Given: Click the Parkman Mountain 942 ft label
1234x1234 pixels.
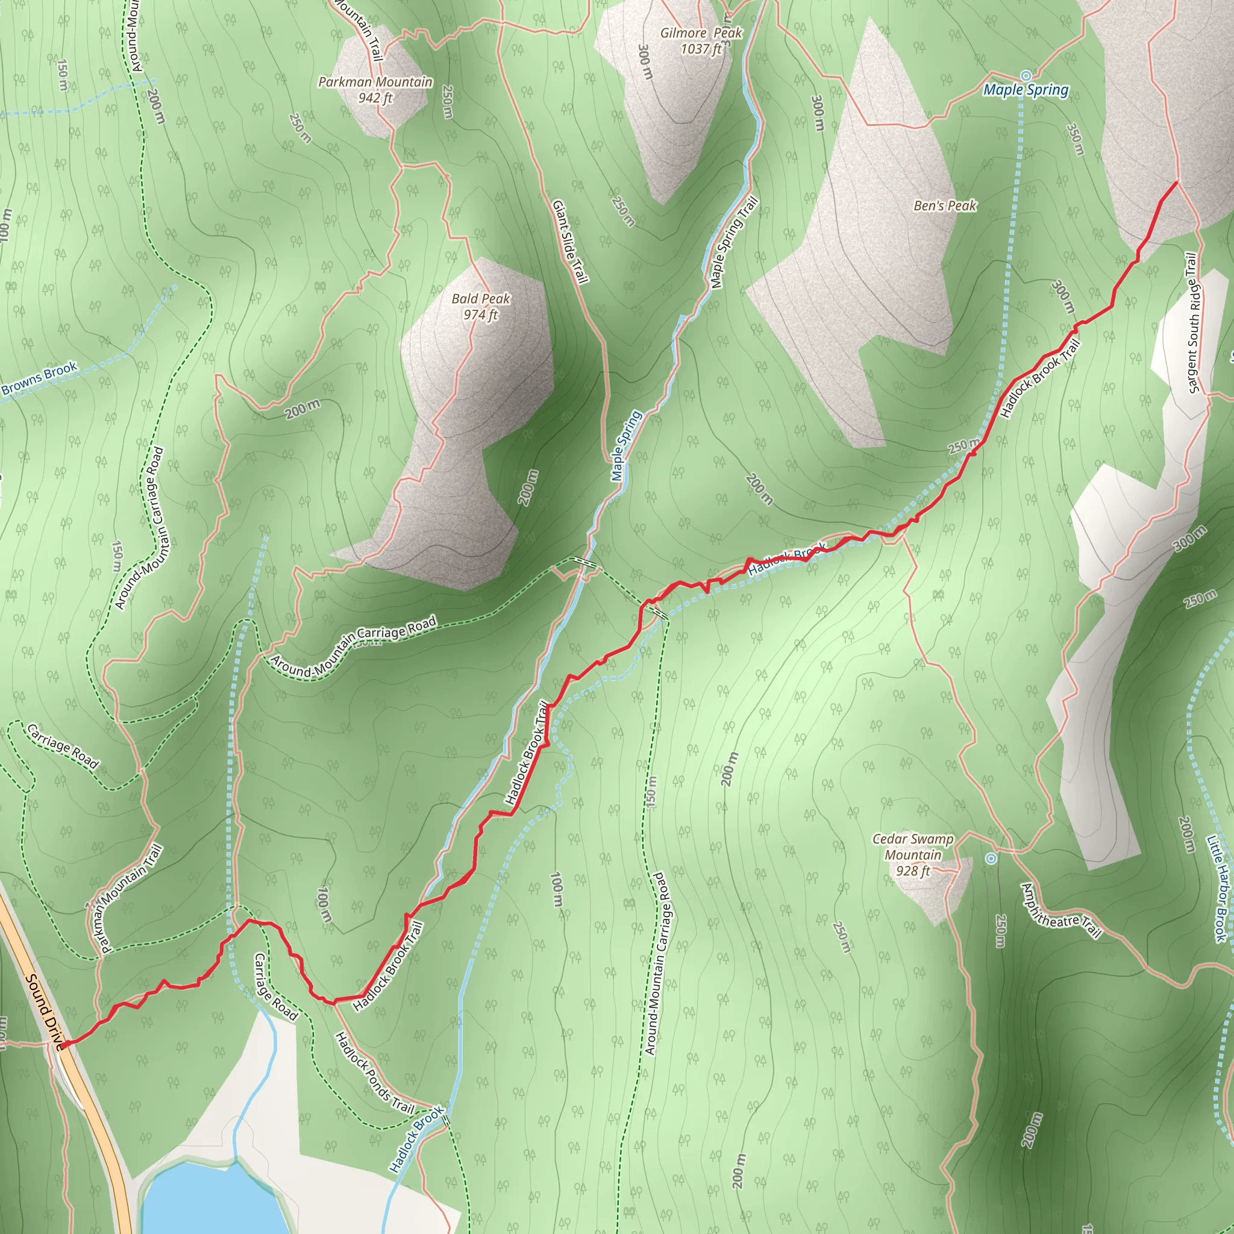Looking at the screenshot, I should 375,90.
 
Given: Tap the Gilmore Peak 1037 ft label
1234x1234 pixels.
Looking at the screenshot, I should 701,41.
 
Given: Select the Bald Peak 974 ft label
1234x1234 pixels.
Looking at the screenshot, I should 481,307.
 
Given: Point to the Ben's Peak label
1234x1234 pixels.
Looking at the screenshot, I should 945,205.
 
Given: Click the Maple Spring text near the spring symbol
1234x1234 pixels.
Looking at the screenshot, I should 1026,90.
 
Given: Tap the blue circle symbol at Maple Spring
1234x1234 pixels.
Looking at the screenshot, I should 1026,75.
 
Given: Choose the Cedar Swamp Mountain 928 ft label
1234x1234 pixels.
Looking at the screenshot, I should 913,854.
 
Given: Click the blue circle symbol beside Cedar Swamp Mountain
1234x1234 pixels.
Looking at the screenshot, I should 991,859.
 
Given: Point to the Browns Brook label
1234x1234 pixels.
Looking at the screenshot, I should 39,379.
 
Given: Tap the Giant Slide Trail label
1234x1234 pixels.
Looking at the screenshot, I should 570,242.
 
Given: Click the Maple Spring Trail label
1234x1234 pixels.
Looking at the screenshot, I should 734,242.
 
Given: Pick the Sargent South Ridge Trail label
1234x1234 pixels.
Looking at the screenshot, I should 1192,323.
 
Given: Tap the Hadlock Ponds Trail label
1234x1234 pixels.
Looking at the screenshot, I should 375,1074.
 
